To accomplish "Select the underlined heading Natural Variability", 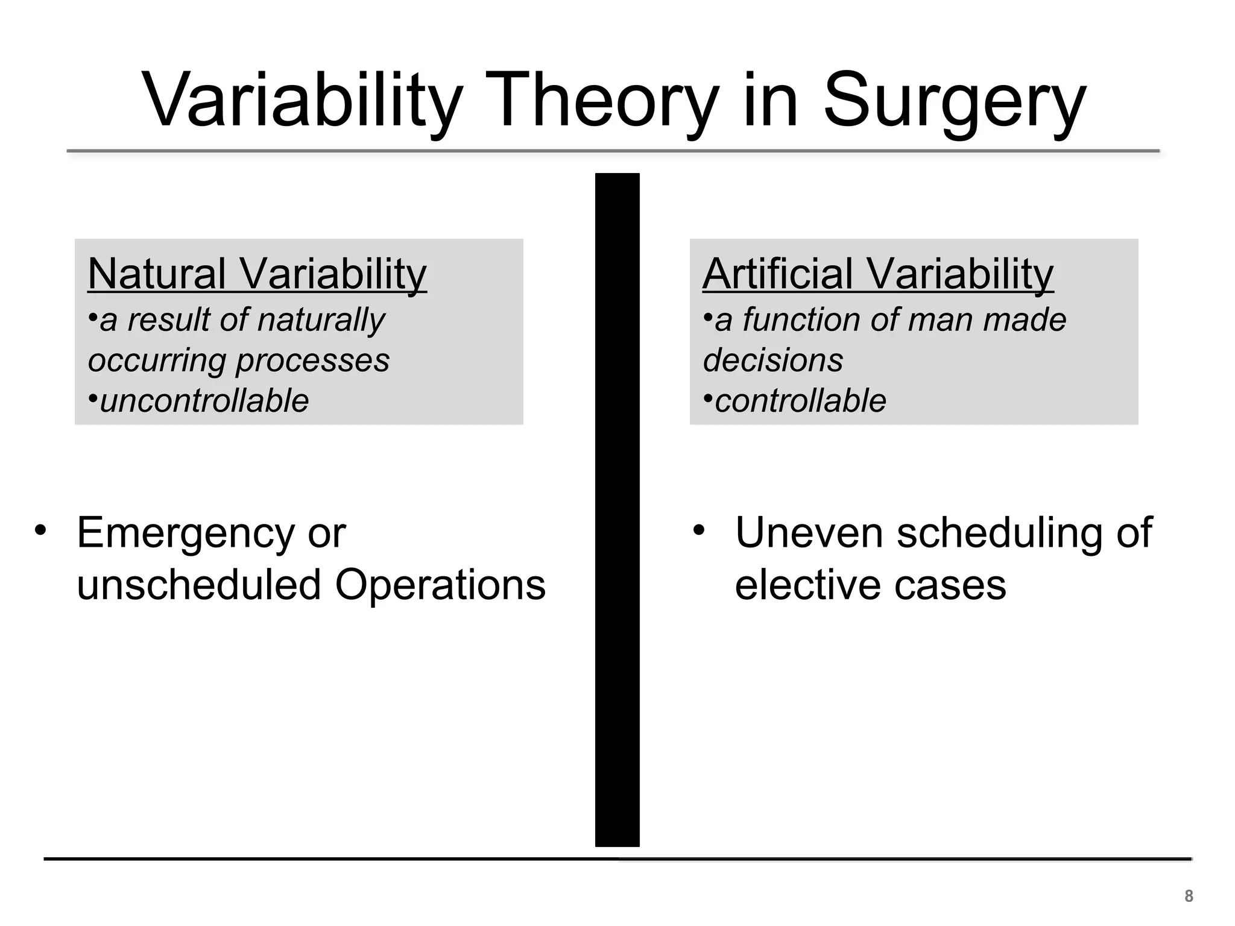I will pyautogui.click(x=257, y=274).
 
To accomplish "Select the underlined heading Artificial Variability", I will pyautogui.click(x=877, y=274).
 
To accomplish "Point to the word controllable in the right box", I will pyautogui.click(x=800, y=400).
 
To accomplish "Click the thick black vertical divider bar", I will pyautogui.click(x=617, y=509).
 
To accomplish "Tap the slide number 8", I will pyautogui.click(x=1189, y=896).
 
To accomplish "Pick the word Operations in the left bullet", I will pyautogui.click(x=440, y=585).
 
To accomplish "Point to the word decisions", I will pyautogui.click(x=772, y=361).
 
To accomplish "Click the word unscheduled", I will pyautogui.click(x=199, y=585).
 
